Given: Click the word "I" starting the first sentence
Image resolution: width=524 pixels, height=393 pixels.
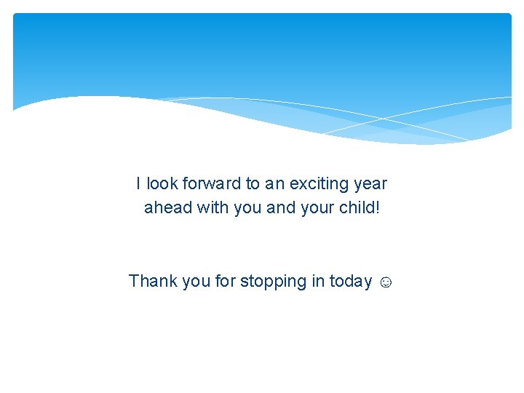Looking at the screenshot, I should point(138,183).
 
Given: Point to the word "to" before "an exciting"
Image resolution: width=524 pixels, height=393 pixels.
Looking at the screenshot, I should point(253,183).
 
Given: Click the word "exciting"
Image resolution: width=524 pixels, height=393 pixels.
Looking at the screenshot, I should point(319,184).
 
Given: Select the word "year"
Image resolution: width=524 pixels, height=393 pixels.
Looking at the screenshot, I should point(370,184).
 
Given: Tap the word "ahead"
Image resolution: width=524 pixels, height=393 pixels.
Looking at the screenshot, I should point(168,207).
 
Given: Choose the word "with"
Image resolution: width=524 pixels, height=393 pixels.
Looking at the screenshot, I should point(213,207).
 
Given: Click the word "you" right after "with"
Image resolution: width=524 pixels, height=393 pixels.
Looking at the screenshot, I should point(248,208).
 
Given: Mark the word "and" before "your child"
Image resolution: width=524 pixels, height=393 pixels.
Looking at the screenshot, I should point(281,207).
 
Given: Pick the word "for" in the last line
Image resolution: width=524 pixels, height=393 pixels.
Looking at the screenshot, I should point(226,281).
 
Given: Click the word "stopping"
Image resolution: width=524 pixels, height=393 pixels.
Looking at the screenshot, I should point(274,282).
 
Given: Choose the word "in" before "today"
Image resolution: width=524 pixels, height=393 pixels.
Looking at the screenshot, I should point(318,281).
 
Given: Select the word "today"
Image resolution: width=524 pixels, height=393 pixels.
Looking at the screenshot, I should point(351,282).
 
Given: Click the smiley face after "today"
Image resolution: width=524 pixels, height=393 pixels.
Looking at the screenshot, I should point(386,282).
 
